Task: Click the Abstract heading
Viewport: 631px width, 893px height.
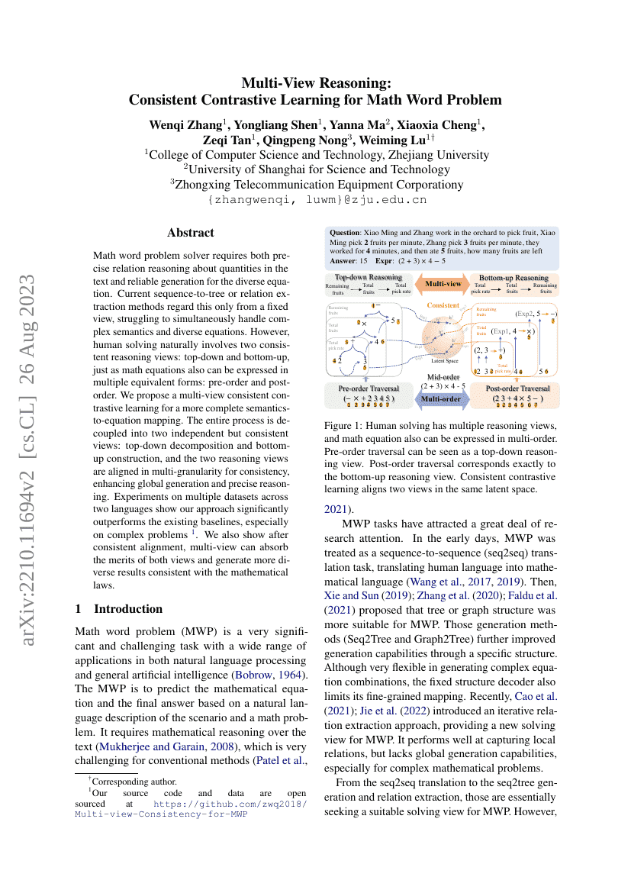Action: point(190,233)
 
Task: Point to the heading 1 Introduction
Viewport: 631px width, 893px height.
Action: point(119,608)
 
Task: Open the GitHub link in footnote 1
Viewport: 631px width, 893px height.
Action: point(229,808)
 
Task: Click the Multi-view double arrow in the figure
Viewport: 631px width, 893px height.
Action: point(443,283)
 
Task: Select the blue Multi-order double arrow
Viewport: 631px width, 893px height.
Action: point(441,398)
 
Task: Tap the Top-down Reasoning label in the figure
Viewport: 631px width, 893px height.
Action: point(369,277)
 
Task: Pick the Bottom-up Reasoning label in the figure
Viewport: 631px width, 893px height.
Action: point(513,278)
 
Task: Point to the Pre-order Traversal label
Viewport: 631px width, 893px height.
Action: point(369,388)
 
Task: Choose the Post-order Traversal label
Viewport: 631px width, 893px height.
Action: point(517,388)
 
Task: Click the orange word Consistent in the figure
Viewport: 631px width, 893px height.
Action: point(443,305)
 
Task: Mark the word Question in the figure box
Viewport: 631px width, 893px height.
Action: point(345,232)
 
